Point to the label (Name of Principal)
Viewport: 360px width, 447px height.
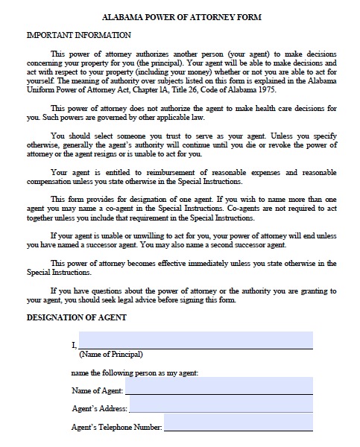tap(110, 354)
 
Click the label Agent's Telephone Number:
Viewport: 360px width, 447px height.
tap(116, 428)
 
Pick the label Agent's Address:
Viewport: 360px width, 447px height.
tap(99, 409)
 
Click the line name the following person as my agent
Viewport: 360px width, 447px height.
tap(134, 372)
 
